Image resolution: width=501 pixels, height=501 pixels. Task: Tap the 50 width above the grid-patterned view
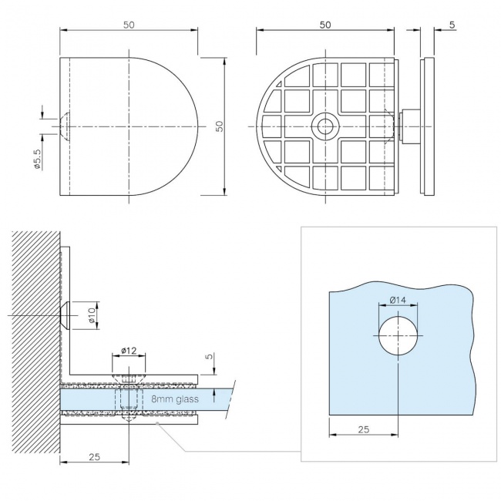click(324, 25)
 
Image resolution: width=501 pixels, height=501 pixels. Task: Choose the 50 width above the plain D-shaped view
click(129, 25)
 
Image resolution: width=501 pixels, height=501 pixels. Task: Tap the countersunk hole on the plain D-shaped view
click(66, 126)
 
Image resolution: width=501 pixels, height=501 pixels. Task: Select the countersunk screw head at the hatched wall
click(66, 316)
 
